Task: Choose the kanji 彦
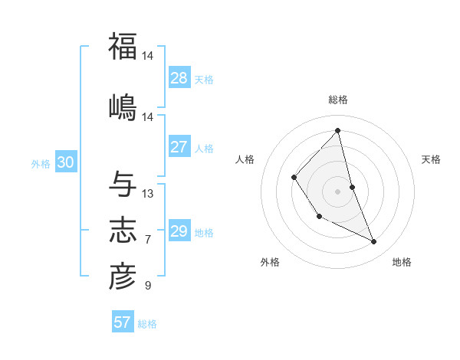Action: point(123,277)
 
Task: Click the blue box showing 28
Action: point(179,78)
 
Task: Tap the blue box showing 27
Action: point(179,147)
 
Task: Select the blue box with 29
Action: point(179,231)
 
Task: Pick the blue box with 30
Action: point(65,162)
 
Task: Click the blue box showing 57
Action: point(123,322)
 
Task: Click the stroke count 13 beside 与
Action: point(148,194)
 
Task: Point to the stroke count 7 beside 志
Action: point(148,240)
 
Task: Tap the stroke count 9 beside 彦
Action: point(148,286)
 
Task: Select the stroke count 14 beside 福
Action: point(148,56)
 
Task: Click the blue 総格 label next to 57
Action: point(147,324)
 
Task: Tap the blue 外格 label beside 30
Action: point(41,163)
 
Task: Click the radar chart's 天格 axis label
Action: point(431,159)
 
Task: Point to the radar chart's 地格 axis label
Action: point(402,262)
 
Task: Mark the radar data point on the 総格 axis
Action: point(338,130)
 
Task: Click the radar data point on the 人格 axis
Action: point(294,178)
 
